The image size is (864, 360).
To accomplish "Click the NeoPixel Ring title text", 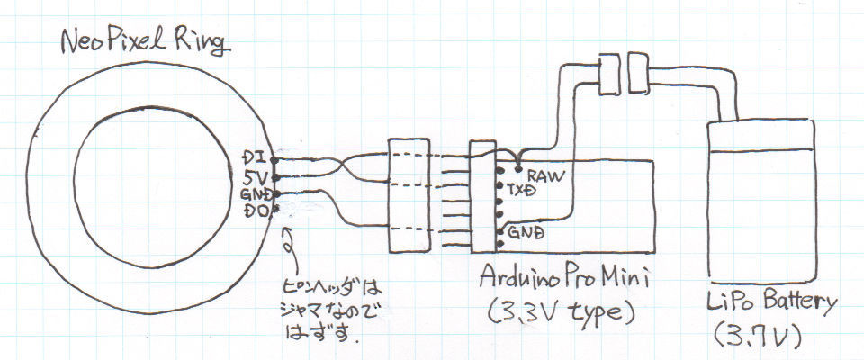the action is [145, 42].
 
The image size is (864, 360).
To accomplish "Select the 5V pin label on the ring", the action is [255, 177].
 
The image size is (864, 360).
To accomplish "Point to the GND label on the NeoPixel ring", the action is [255, 194].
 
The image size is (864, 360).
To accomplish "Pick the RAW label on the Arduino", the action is [546, 176].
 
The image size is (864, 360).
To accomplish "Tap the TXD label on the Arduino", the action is [523, 192].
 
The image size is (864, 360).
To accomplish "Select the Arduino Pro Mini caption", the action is [564, 276].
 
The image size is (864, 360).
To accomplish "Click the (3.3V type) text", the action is [562, 312].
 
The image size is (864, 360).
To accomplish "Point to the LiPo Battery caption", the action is [771, 304].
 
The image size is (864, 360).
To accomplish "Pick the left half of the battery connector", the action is [609, 73].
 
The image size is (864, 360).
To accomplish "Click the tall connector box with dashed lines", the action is [409, 195].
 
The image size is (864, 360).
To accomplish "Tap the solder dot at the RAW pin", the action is [518, 170].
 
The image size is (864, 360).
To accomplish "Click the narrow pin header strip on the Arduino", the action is [483, 197].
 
